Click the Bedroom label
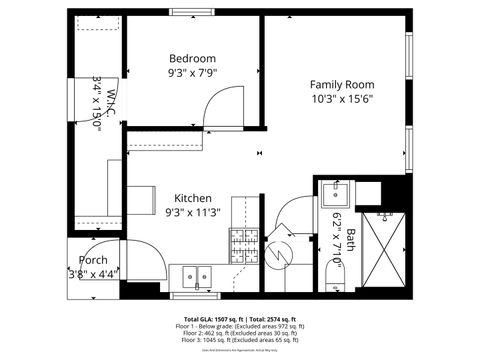(192, 58)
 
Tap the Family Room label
(341, 85)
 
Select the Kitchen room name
(192, 198)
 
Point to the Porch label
(93, 260)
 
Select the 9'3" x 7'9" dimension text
(192, 72)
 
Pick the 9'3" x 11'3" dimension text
(192, 212)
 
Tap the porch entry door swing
(150, 262)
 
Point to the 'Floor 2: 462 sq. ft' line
(240, 335)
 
